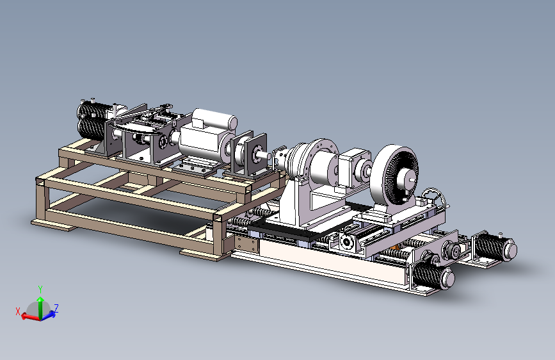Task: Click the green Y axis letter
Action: (x=40, y=290)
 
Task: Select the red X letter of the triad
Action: (x=18, y=311)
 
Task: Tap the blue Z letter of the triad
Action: (x=56, y=308)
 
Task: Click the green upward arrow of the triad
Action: (x=40, y=307)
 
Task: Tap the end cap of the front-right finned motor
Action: (x=447, y=279)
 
